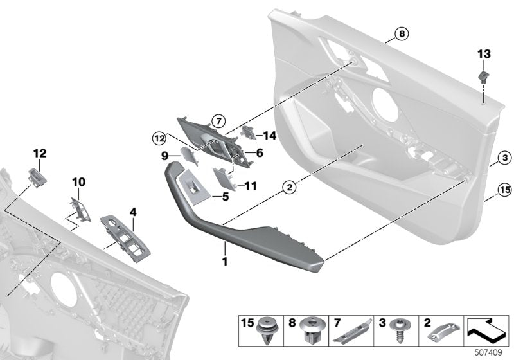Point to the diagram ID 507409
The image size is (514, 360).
pos(490,353)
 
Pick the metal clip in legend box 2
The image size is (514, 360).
pos(442,332)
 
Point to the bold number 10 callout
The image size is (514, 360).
pos(78,183)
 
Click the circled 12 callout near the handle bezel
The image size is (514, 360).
pos(159,136)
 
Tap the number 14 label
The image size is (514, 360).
pos(269,135)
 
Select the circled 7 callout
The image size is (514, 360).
pos(217,120)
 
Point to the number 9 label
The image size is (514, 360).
pos(164,155)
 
